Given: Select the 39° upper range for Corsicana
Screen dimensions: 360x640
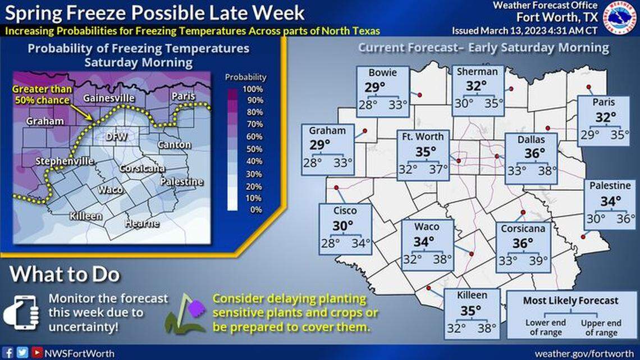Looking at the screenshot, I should pos(542,261).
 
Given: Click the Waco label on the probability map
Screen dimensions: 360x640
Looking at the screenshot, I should pos(111,190).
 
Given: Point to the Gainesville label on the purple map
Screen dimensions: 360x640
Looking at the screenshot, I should pos(108,98).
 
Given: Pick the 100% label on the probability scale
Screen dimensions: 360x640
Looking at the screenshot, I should pos(252,89).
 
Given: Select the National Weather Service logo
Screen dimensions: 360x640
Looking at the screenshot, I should pos(621,17).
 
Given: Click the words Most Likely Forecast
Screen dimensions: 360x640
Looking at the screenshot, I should pos(570,300).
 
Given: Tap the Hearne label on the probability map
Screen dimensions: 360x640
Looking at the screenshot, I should pos(142,224).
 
